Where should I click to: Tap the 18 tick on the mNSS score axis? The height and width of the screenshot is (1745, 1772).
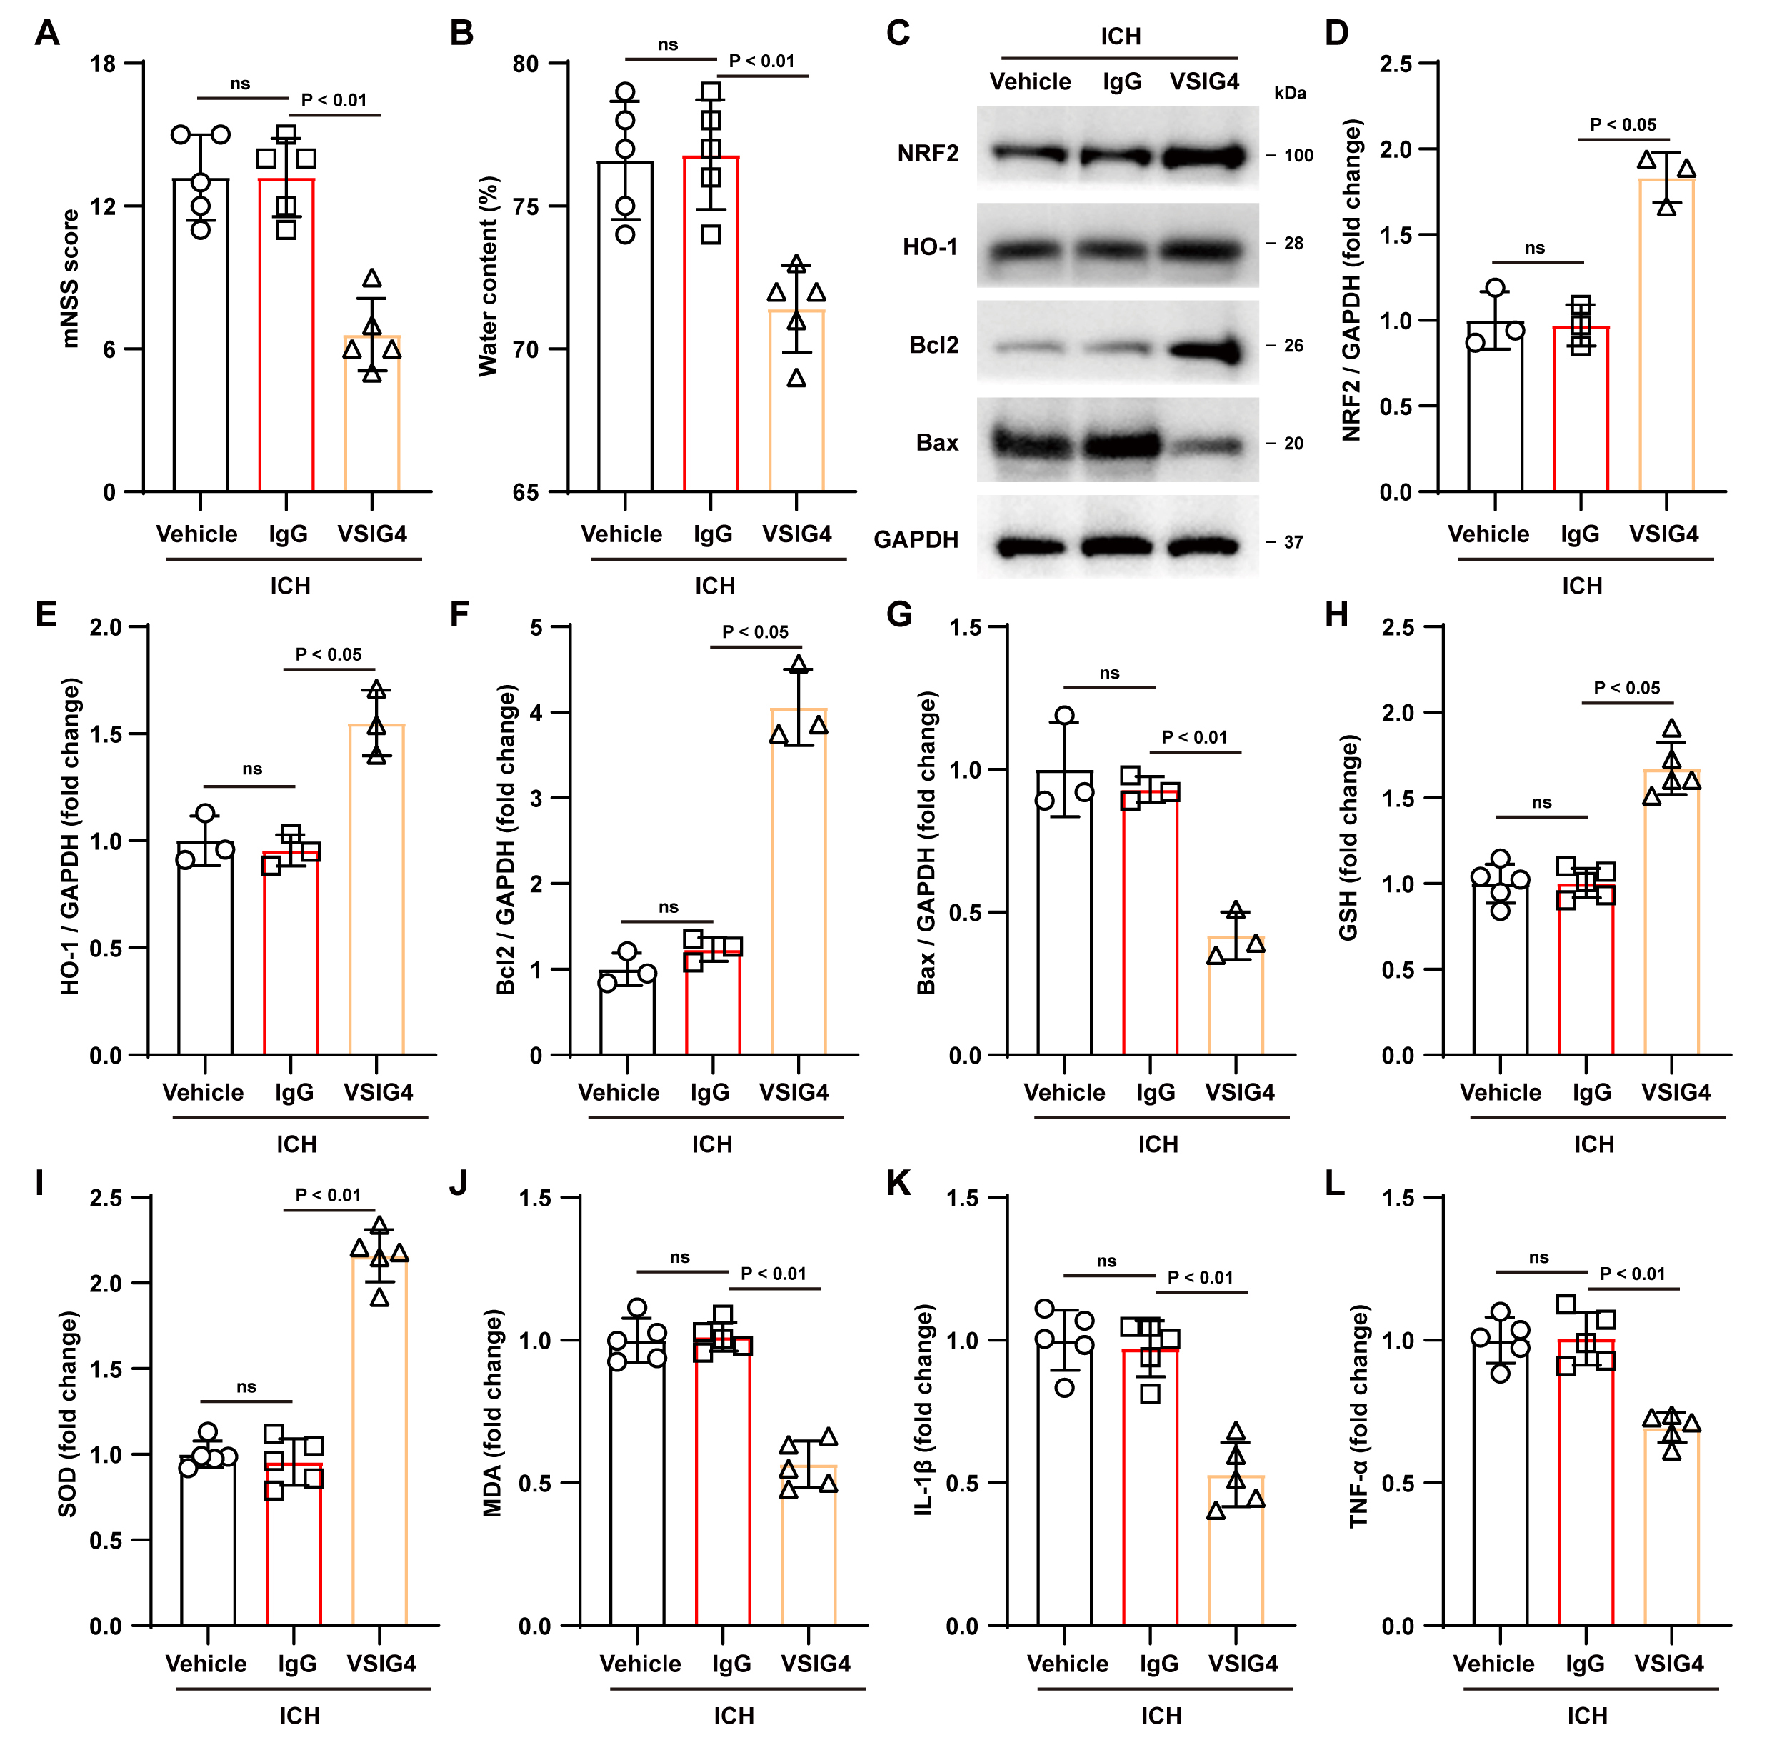tap(103, 64)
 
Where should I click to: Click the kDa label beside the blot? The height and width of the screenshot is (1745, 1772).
tap(1289, 94)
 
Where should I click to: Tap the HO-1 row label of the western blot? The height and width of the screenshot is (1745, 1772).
tap(930, 247)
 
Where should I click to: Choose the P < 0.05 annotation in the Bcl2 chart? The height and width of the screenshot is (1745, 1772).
tap(755, 631)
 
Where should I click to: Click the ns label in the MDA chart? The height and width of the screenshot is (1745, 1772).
tap(679, 1257)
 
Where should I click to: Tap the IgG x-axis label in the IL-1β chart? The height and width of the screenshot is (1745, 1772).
tap(1159, 1664)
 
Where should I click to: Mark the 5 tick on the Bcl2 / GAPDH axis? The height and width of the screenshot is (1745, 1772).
tap(536, 628)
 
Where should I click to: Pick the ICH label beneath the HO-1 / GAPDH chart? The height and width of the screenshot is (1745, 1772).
tap(296, 1145)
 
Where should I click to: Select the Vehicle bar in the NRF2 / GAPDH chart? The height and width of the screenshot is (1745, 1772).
tap(1494, 407)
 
